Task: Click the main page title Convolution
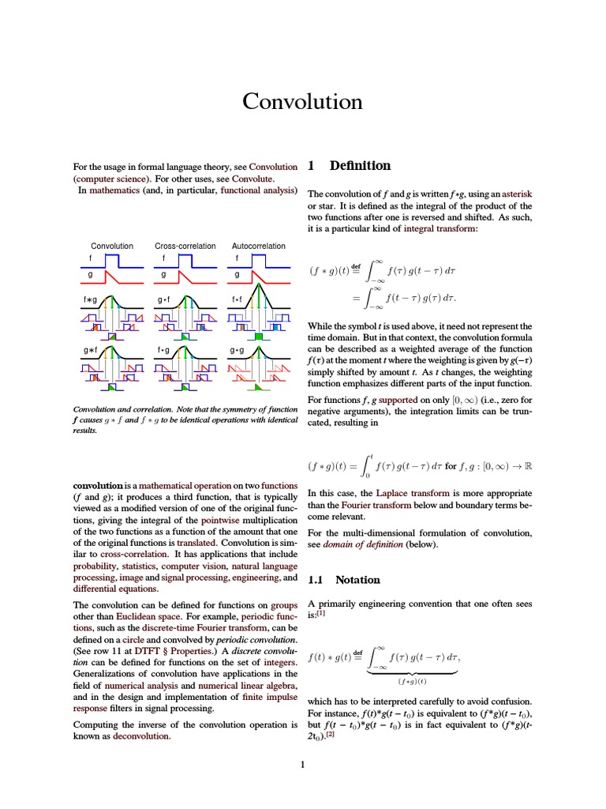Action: (x=302, y=102)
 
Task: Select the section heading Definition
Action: (x=360, y=166)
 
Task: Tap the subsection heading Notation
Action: (x=357, y=580)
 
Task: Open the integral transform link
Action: (x=440, y=228)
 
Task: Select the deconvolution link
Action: (x=142, y=736)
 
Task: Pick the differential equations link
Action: (x=116, y=589)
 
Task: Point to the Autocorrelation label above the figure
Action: (x=259, y=246)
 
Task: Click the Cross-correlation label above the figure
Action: (x=185, y=246)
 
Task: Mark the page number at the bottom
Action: (x=303, y=765)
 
